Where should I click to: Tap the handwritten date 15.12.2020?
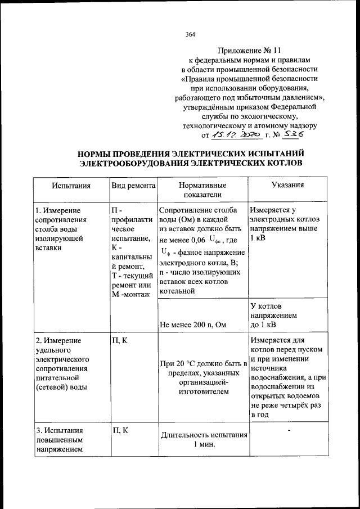pos(233,135)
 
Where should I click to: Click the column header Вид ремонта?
pos(133,185)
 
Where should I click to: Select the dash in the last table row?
pos(289,431)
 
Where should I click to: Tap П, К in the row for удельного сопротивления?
pos(120,341)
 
